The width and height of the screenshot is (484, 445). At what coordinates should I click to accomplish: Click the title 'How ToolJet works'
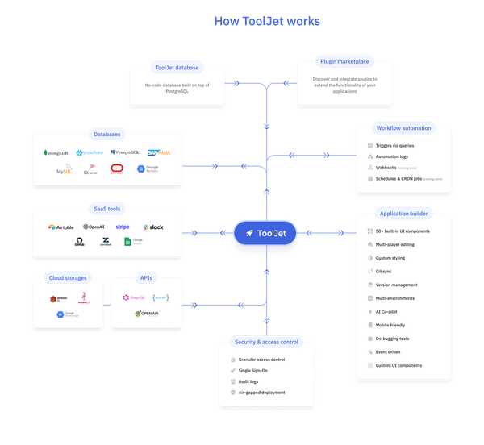(x=266, y=21)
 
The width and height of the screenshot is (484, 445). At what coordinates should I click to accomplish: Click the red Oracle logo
(x=118, y=169)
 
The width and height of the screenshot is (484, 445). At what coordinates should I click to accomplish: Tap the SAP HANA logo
(x=159, y=152)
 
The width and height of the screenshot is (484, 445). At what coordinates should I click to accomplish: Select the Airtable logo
(x=62, y=227)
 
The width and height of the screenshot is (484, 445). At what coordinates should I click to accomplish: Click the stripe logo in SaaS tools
(x=122, y=227)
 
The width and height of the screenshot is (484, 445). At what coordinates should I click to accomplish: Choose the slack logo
(x=152, y=227)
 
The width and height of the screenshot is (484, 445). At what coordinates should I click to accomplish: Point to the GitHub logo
(x=80, y=241)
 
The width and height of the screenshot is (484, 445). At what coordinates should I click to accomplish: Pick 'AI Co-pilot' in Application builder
(x=388, y=311)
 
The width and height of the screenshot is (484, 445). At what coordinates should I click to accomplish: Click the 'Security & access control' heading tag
(x=266, y=342)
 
